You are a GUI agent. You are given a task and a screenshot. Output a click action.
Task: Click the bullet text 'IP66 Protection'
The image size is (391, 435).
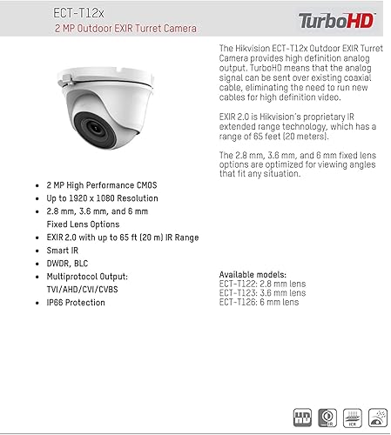pos(76,303)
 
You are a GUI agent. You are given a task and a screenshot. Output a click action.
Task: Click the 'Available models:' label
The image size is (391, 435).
pos(253,275)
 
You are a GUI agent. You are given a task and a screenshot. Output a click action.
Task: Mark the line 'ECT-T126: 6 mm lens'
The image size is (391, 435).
pos(259,302)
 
